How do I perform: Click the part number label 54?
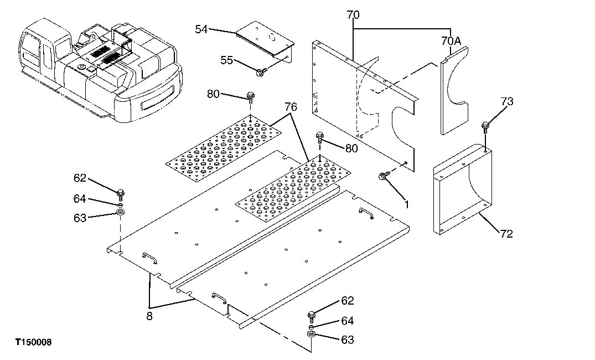pyautogui.click(x=201, y=29)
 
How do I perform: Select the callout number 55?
pyautogui.click(x=226, y=60)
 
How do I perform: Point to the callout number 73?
pyautogui.click(x=507, y=102)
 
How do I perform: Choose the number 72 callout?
pyautogui.click(x=505, y=234)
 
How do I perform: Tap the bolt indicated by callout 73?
pyautogui.click(x=485, y=127)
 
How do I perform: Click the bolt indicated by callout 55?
pyautogui.click(x=261, y=70)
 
